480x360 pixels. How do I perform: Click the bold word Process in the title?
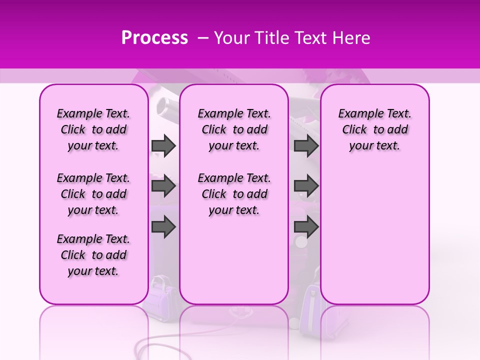tap(154, 38)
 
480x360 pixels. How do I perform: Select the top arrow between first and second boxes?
tap(163, 145)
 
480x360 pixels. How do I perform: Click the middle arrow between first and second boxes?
tap(163, 186)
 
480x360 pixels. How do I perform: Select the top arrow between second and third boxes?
tap(306, 145)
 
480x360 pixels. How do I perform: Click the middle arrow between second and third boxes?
tap(306, 186)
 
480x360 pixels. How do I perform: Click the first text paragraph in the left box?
tap(93, 129)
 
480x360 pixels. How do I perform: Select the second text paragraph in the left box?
tap(93, 194)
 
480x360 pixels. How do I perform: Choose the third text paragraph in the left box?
tap(93, 255)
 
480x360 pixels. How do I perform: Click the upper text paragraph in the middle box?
tap(234, 129)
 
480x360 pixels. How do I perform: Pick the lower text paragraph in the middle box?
tap(234, 194)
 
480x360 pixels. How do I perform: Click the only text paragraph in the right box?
tap(374, 129)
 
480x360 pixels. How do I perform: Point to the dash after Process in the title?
tap(202, 38)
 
